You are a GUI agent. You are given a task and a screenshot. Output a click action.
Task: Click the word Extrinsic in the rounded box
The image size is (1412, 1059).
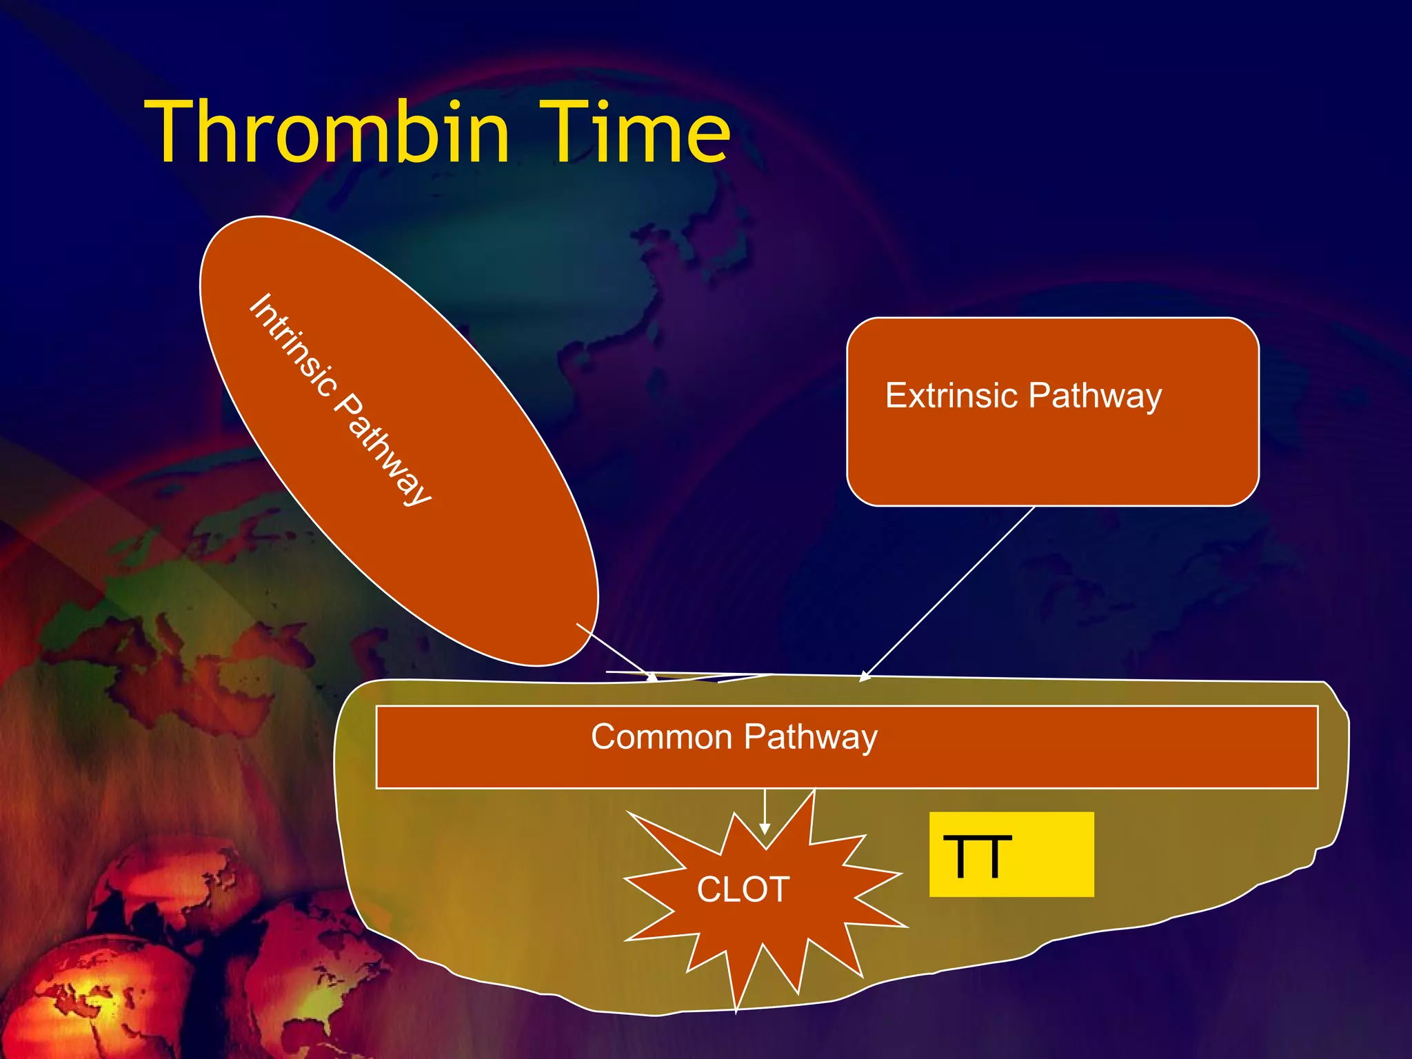tap(951, 396)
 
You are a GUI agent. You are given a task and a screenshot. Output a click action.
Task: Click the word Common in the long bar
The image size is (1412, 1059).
tap(660, 737)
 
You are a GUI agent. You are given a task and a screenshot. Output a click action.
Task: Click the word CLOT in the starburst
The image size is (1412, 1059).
tap(743, 889)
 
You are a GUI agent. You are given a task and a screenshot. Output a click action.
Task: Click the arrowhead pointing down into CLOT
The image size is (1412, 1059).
tap(765, 829)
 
